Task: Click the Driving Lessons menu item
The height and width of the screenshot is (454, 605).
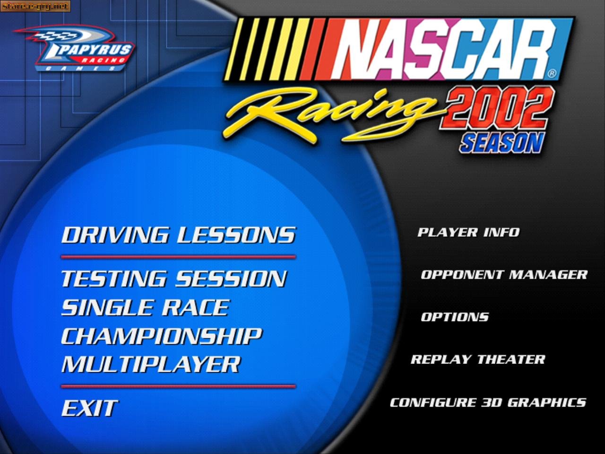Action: [179, 235]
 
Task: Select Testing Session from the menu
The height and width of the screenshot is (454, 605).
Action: [174, 279]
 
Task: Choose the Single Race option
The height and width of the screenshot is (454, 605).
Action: [145, 307]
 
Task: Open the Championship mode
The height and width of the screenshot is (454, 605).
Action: [162, 336]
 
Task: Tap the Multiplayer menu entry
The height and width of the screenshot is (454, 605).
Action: [151, 364]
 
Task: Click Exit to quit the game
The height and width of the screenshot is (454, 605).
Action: [89, 408]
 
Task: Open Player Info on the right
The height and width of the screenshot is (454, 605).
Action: [468, 232]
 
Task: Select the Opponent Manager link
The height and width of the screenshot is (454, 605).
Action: [504, 275]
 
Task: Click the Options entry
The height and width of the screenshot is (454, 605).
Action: [455, 317]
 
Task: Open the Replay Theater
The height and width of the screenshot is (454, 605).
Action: [478, 359]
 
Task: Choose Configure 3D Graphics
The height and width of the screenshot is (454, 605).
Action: [488, 402]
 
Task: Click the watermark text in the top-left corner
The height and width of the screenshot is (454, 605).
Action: [35, 6]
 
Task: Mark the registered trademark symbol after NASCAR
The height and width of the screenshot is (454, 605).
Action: [552, 74]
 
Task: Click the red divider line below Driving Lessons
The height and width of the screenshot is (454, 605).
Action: [178, 257]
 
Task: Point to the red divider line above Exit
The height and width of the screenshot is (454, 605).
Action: [178, 386]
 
